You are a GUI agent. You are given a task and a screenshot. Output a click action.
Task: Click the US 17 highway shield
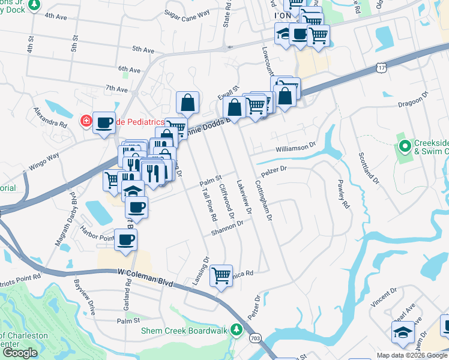[x=382, y=69]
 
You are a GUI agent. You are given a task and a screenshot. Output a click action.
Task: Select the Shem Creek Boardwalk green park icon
[x=237, y=329]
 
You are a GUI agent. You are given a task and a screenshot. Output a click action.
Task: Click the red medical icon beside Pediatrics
[x=87, y=122]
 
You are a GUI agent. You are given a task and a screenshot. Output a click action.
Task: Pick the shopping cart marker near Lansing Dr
[x=221, y=275]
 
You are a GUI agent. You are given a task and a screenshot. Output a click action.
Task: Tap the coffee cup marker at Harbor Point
[x=125, y=240]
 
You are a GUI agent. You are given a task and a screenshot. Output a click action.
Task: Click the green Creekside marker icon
[x=405, y=146]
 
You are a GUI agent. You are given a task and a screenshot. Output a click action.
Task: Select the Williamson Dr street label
[x=295, y=146]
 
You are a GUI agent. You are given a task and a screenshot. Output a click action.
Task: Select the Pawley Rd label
[x=343, y=195]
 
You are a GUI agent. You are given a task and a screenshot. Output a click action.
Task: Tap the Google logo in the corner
[x=20, y=353]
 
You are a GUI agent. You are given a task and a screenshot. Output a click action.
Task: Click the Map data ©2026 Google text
[x=412, y=355]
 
